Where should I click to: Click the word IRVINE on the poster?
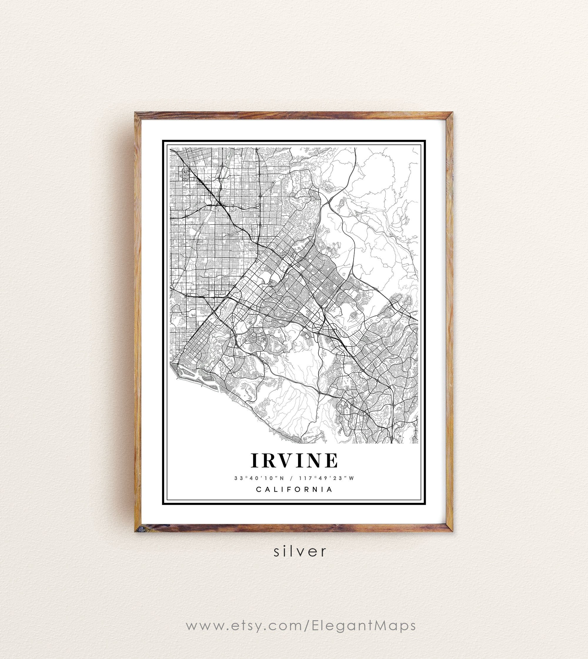point(294,460)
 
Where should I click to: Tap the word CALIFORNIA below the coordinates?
point(294,490)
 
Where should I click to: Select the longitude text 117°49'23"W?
point(327,478)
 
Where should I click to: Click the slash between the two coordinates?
point(292,478)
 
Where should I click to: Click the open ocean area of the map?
point(207,420)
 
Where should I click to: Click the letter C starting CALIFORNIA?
point(258,490)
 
